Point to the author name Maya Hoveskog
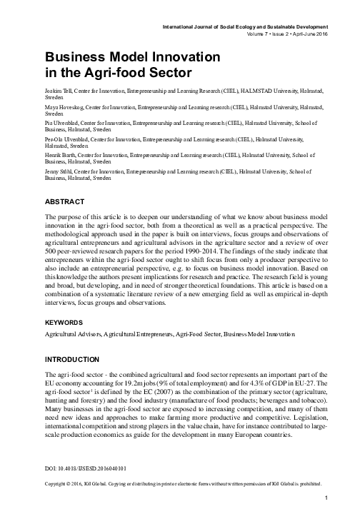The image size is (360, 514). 65,107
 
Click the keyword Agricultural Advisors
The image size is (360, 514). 71,334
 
